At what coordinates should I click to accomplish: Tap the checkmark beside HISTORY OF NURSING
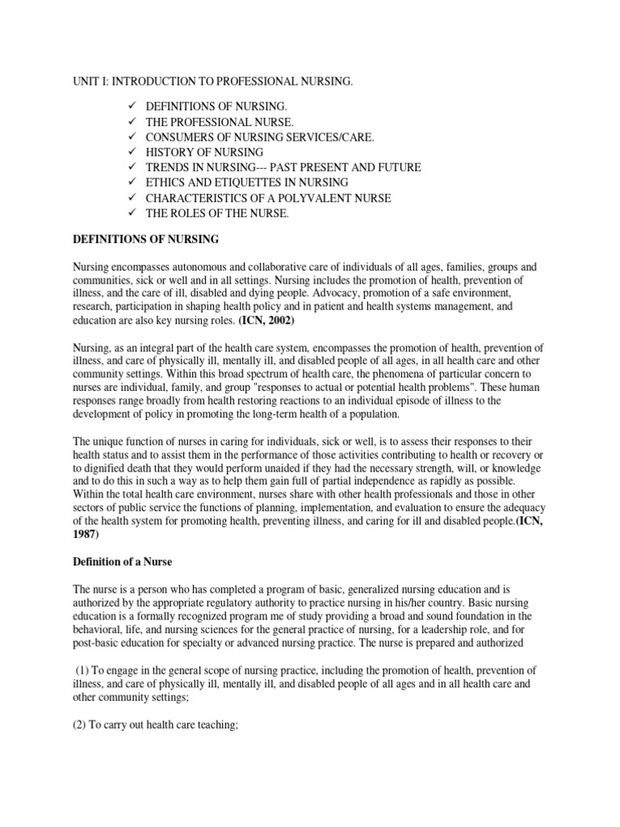click(133, 152)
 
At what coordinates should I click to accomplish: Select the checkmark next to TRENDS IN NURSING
click(133, 167)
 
